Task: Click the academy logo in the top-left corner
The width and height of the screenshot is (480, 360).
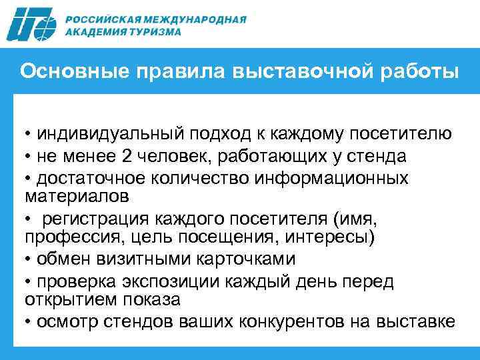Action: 33,25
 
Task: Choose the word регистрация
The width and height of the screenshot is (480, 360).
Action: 97,220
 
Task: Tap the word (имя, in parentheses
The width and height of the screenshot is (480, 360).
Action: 349,220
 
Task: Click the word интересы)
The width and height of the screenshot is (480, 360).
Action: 343,238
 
